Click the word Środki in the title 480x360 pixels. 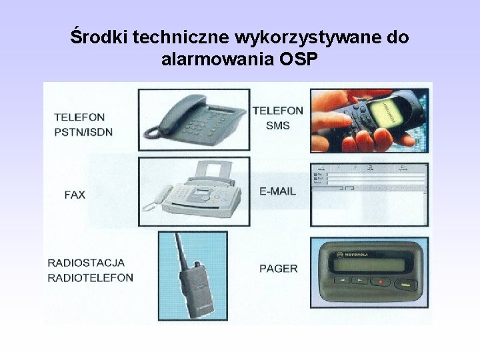pyautogui.click(x=99, y=37)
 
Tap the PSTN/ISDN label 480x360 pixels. pyautogui.click(x=83, y=132)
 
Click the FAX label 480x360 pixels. pyautogui.click(x=75, y=195)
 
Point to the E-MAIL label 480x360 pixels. pyautogui.click(x=277, y=191)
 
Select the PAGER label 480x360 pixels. pyautogui.click(x=278, y=268)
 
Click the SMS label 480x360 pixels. pyautogui.click(x=277, y=125)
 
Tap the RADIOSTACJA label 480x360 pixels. pyautogui.click(x=87, y=263)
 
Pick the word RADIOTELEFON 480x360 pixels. pyautogui.click(x=91, y=277)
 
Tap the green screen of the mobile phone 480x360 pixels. pyautogui.click(x=389, y=110)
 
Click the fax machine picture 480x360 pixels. pyautogui.click(x=193, y=190)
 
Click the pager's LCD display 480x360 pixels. pyautogui.click(x=369, y=266)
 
